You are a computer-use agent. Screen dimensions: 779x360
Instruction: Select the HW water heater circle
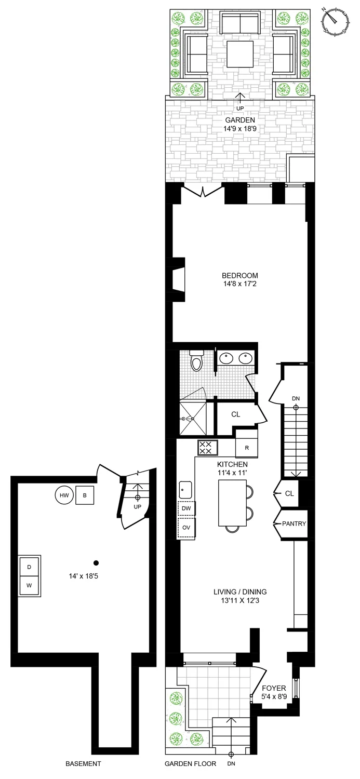tap(64, 495)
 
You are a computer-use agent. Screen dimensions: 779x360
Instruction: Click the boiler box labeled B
tap(85, 495)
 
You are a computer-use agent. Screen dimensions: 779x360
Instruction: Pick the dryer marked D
tap(29, 567)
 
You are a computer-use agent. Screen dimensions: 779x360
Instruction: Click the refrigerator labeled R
tap(246, 448)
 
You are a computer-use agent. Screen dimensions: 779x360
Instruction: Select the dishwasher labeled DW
tap(186, 508)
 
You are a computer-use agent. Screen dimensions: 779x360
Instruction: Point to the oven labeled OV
tap(186, 527)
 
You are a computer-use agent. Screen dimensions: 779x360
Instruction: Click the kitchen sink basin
tap(185, 489)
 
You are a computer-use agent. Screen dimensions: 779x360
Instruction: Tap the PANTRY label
tap(293, 524)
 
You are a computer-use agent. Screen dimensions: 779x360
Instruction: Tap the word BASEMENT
tap(83, 764)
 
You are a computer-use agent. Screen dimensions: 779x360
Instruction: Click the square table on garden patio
tap(240, 54)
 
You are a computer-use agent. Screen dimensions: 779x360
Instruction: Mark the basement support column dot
tap(96, 562)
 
